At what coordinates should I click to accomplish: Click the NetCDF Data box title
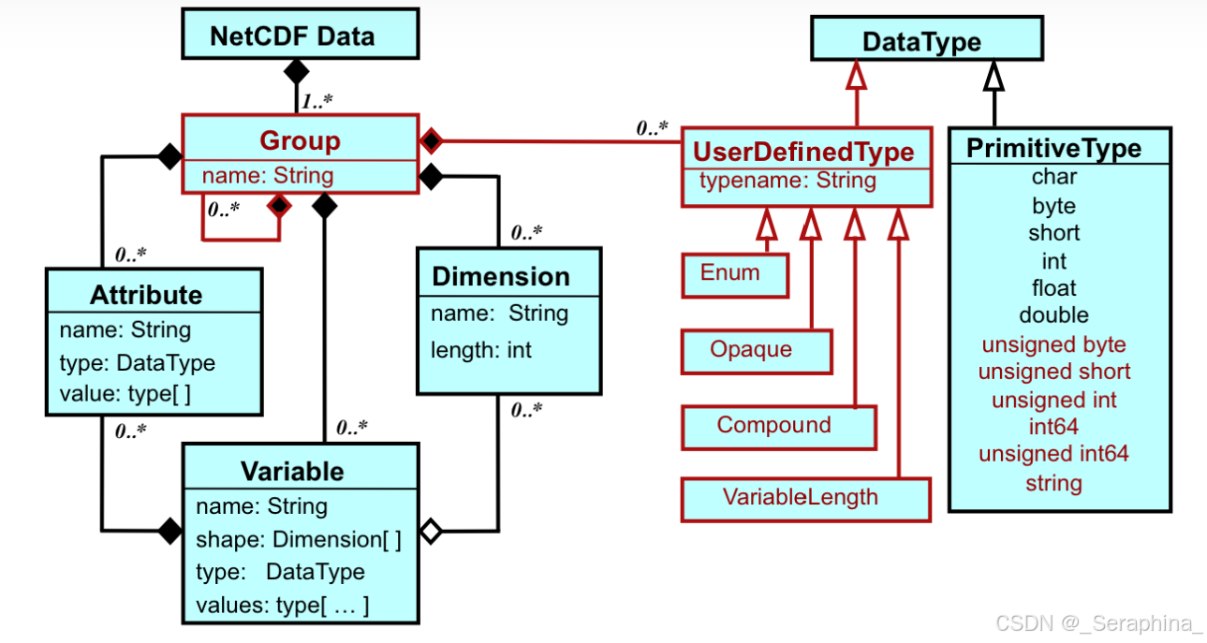[x=291, y=37]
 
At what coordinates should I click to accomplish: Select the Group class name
[x=300, y=140]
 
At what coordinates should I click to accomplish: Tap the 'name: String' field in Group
[x=268, y=176]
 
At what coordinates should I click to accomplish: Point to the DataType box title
[x=921, y=42]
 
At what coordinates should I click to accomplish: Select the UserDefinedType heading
[x=803, y=151]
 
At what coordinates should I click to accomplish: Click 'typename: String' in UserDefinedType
[x=788, y=181]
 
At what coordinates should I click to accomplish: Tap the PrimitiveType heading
[x=1053, y=149]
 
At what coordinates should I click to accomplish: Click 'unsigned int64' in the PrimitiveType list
[x=1053, y=455]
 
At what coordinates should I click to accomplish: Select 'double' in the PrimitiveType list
[x=1053, y=315]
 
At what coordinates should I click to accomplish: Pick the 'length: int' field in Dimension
[x=481, y=350]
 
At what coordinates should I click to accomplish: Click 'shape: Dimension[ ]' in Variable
[x=299, y=540]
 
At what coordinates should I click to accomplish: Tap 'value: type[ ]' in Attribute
[x=125, y=394]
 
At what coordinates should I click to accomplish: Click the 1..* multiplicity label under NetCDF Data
[x=316, y=99]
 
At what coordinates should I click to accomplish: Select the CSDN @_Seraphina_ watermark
[x=1098, y=623]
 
